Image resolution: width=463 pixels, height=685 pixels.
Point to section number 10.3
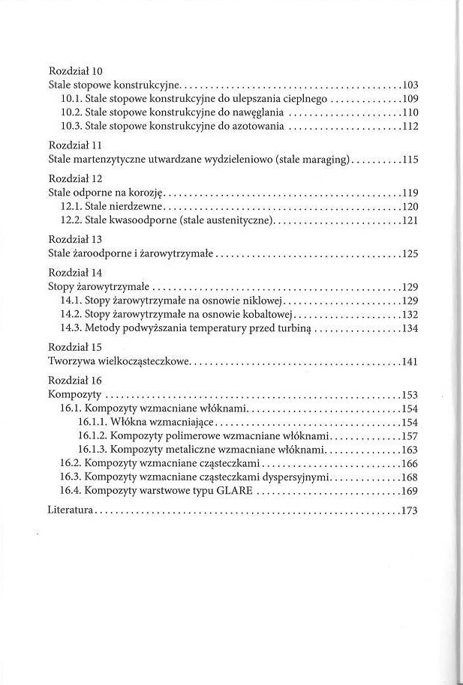71,126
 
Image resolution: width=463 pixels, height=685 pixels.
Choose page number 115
410,160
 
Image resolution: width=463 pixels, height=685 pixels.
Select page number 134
410,328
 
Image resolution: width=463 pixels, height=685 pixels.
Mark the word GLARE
235,491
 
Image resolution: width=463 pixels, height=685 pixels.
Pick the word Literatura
70,510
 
